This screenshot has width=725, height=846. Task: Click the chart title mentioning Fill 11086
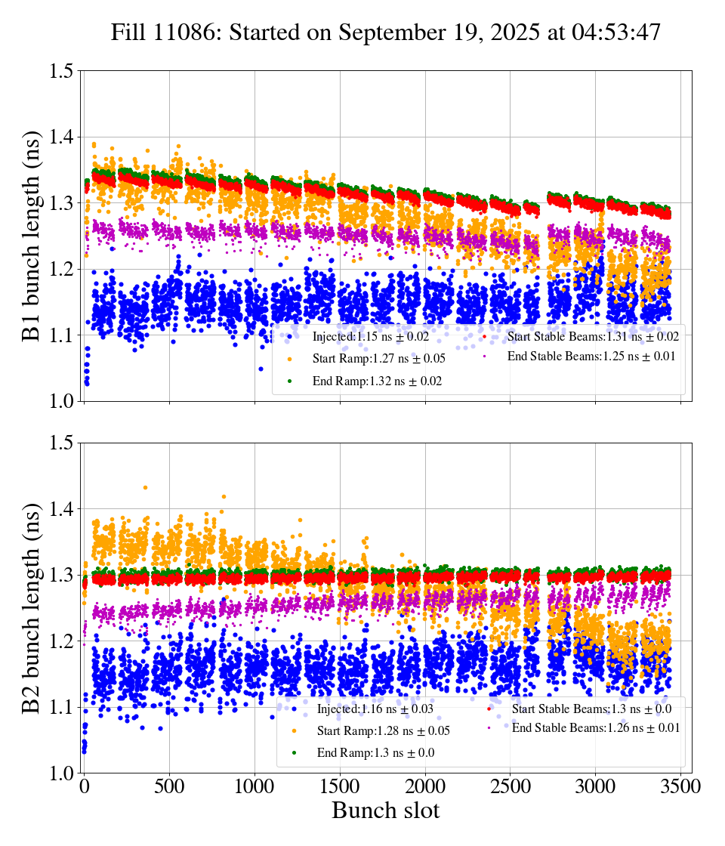coord(386,33)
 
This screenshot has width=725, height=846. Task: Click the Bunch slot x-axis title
coord(386,811)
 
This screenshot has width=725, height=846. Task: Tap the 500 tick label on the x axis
coord(170,787)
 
